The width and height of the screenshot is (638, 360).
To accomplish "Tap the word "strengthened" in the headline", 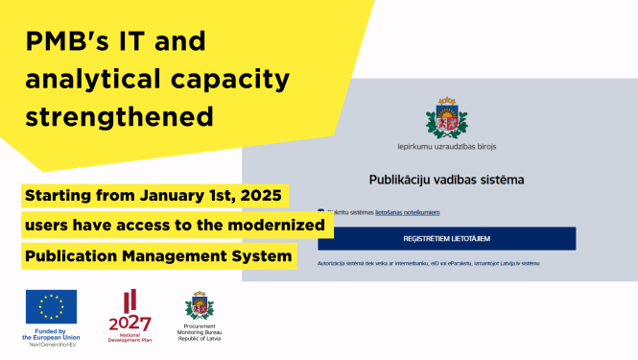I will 119,116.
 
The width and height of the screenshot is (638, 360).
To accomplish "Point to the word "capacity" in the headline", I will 235,81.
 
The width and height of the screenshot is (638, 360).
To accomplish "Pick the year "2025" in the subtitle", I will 259,197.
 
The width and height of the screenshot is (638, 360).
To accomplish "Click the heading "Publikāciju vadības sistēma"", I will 447,180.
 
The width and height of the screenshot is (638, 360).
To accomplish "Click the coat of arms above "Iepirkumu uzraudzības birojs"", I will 446,118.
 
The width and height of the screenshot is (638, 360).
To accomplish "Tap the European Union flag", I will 52,307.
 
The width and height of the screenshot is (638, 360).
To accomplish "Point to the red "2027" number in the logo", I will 130,322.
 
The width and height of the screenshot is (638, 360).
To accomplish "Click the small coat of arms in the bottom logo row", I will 200,306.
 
